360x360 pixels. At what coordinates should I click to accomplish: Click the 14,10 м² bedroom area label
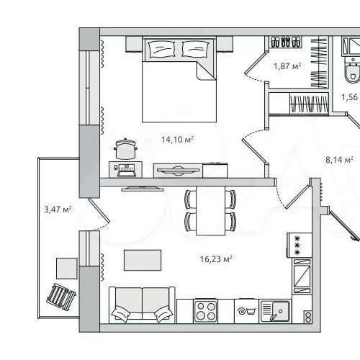(x=177, y=139)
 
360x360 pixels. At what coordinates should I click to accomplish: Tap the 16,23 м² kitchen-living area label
(x=216, y=259)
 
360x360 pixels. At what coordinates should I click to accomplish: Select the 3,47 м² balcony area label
(x=58, y=210)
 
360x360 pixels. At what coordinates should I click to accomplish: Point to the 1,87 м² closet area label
(x=287, y=66)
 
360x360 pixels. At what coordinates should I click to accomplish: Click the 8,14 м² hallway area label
(x=339, y=159)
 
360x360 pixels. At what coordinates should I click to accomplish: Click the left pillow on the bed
(x=161, y=49)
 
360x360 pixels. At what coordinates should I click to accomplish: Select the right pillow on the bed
(x=195, y=49)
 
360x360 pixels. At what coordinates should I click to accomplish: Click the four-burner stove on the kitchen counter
(x=206, y=311)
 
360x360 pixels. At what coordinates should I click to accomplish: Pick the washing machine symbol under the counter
(x=246, y=311)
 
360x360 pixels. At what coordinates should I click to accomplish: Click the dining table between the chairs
(x=210, y=211)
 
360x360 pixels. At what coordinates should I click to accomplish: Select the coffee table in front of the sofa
(x=143, y=260)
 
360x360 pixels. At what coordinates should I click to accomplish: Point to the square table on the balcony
(x=67, y=269)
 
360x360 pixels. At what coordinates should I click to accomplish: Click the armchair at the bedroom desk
(x=125, y=149)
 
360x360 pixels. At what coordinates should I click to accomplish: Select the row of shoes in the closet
(x=286, y=42)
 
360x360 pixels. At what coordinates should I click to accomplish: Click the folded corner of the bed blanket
(x=205, y=70)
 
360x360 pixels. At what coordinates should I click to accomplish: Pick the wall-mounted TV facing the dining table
(x=143, y=189)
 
